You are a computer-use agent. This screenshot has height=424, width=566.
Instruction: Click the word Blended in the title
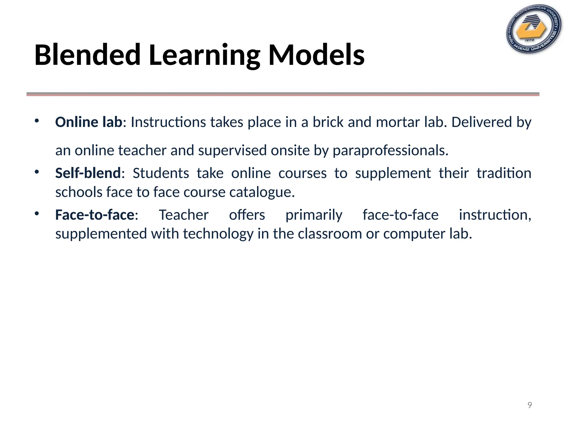coord(88,55)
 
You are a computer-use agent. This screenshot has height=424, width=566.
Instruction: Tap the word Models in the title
coord(316,55)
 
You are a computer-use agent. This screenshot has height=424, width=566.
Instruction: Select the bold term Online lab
coord(89,122)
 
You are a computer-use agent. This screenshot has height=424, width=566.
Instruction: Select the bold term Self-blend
coord(88,173)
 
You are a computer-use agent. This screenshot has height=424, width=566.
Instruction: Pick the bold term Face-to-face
coord(95,215)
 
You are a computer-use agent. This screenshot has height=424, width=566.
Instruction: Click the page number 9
coord(530,405)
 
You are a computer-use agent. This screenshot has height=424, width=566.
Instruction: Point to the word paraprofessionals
coord(390,151)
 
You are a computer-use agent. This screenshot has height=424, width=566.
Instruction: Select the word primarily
coord(314,215)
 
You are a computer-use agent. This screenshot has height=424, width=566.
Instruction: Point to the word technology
coord(218,234)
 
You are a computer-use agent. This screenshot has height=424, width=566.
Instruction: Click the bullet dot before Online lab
coord(37,121)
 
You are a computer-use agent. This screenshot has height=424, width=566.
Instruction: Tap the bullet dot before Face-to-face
coord(37,213)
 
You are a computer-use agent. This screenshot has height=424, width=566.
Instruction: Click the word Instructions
coord(168,122)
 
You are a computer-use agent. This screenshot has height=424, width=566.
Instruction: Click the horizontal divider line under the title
coord(283,94)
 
